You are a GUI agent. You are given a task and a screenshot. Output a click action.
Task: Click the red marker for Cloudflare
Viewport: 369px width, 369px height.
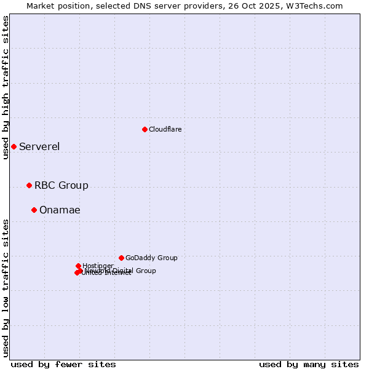point(145,129)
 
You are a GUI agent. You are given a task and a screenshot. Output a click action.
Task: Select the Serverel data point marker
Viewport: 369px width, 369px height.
point(14,146)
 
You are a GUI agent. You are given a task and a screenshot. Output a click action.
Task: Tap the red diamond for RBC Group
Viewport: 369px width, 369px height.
point(29,185)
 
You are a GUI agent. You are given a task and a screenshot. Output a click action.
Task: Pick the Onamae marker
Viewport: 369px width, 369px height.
point(34,210)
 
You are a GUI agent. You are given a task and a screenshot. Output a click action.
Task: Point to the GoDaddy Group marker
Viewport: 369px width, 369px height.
point(121,258)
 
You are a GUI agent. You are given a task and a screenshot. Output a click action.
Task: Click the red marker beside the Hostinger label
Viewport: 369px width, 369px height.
point(78,266)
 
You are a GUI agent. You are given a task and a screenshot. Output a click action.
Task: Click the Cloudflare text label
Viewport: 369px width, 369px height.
point(165,129)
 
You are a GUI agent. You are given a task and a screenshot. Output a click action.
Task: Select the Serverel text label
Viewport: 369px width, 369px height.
point(39,146)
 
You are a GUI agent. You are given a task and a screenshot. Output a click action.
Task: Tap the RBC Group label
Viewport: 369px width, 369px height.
point(61,185)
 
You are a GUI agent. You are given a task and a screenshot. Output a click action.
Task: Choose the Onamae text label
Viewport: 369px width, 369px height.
point(60,210)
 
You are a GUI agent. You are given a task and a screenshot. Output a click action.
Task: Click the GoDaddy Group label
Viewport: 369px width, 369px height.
point(151,258)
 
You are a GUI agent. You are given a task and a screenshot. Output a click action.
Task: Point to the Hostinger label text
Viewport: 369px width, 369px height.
point(98,266)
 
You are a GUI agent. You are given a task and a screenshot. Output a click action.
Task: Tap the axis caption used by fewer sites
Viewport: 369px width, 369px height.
point(63,364)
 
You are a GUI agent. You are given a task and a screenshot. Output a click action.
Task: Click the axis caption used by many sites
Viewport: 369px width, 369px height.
point(309,364)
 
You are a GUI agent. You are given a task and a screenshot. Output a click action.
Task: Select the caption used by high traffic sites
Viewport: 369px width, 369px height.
point(6,87)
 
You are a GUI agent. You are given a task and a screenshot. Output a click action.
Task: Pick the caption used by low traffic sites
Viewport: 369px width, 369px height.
point(6,288)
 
